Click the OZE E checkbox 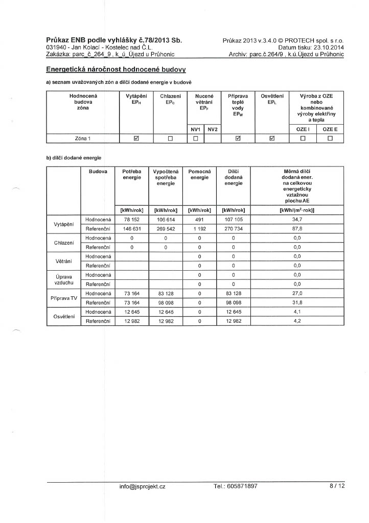click(x=330, y=138)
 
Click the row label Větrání click(x=64, y=261)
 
